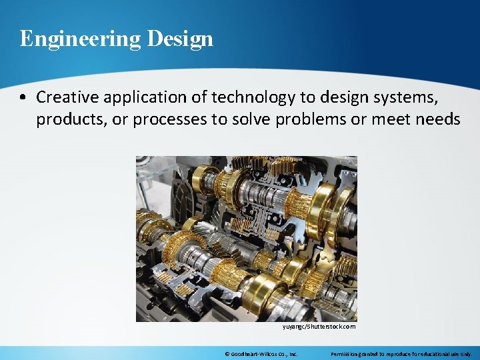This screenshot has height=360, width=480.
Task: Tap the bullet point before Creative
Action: click(23, 97)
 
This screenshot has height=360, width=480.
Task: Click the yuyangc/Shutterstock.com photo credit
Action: click(319, 327)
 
